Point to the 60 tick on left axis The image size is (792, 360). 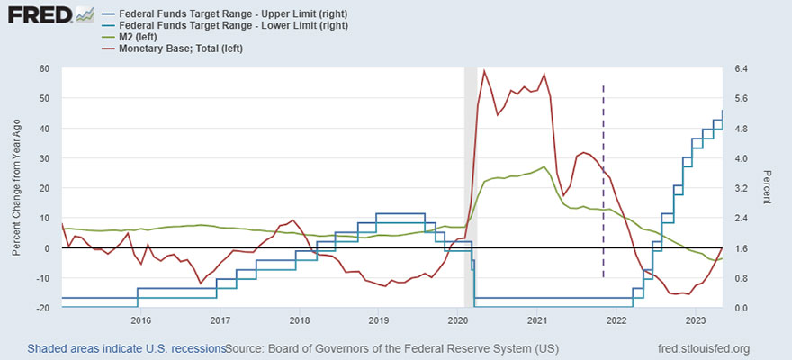(42, 68)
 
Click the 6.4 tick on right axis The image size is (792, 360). (743, 68)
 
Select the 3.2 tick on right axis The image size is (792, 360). (743, 188)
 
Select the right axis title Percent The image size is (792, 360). (767, 188)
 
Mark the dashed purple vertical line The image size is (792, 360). (603, 180)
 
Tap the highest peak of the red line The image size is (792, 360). (484, 71)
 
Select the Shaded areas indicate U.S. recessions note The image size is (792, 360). (126, 348)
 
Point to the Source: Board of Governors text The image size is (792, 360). (391, 348)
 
